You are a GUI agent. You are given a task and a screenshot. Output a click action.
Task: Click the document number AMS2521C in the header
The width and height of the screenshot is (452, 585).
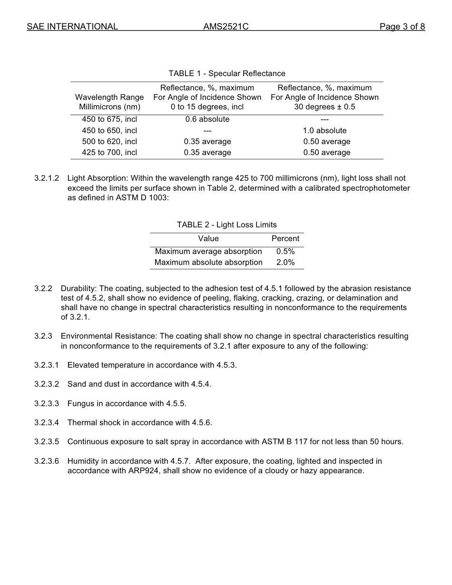coord(226,27)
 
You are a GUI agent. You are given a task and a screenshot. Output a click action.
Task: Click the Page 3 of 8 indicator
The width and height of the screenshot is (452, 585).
coord(402,27)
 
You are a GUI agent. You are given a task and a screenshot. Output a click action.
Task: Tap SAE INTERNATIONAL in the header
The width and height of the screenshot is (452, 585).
coord(72,27)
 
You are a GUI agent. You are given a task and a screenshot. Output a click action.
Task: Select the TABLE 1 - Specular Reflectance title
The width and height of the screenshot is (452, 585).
coord(226,73)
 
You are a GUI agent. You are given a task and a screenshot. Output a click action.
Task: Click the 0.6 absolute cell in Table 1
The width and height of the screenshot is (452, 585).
coord(207,119)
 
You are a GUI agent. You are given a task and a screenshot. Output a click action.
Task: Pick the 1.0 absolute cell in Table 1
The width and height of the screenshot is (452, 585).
coord(324,130)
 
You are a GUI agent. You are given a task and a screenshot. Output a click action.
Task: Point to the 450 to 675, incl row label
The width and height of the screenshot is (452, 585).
coord(109,119)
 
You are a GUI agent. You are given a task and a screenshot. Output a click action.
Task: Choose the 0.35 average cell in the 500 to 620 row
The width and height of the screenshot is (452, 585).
coord(207,142)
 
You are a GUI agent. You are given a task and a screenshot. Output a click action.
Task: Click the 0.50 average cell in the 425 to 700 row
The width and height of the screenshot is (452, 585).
coord(326,153)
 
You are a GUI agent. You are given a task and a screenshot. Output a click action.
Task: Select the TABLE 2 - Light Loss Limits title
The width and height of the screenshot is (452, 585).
coord(226,225)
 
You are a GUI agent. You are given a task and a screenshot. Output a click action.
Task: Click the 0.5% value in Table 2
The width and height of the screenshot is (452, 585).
coord(285,252)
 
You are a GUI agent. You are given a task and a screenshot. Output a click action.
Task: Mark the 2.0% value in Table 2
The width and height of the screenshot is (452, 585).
coord(285,263)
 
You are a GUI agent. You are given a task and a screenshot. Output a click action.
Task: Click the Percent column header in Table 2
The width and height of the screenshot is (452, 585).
coord(285,239)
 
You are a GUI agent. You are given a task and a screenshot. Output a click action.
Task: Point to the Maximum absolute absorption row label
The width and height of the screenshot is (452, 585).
coord(208,263)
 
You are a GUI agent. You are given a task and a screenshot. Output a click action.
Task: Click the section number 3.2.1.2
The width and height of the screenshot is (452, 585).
coord(47,178)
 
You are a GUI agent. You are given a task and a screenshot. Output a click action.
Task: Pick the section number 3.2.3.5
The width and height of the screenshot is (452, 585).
coord(47,442)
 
